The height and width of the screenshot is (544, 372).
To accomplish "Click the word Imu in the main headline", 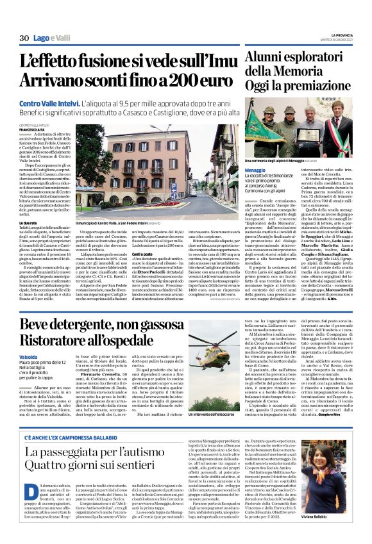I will click(214, 62).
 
